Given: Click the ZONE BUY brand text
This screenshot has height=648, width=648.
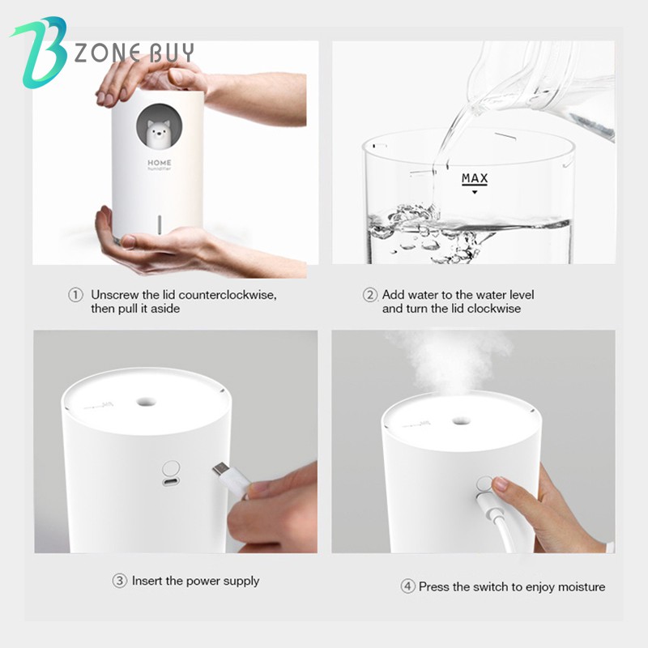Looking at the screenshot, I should pos(134,53).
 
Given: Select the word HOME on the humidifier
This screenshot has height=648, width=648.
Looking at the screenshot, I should pos(159,162).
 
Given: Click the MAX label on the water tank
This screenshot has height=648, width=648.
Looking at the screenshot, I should pos(475,178).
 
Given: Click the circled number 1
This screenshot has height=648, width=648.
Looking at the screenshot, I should pos(75,296).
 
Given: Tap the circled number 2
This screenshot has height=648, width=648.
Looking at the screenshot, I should pos(370,296).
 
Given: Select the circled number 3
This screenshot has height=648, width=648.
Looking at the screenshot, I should pos(119,581).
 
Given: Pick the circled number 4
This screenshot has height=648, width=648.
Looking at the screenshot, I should pos(407,586).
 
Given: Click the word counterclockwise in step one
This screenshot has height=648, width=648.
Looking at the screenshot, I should pos(229,296).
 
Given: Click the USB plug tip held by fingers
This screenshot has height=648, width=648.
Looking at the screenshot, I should pos(221,471).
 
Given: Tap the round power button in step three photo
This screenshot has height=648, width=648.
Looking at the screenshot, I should pos(171,469).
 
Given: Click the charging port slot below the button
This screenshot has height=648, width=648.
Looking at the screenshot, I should pos(171,484).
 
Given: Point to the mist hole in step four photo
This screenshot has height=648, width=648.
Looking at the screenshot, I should pos(459,420).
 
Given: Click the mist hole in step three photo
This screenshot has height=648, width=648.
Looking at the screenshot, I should pos(147,401).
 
